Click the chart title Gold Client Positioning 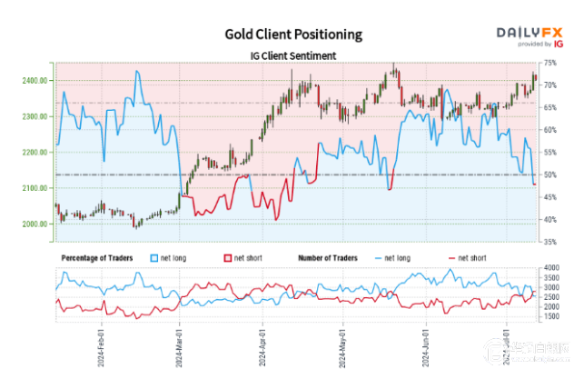tap(293, 35)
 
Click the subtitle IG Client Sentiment tap(293, 55)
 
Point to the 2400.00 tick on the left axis tap(33, 81)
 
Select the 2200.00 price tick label tap(33, 153)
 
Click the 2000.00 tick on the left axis tap(33, 224)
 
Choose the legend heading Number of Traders tap(331, 258)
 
